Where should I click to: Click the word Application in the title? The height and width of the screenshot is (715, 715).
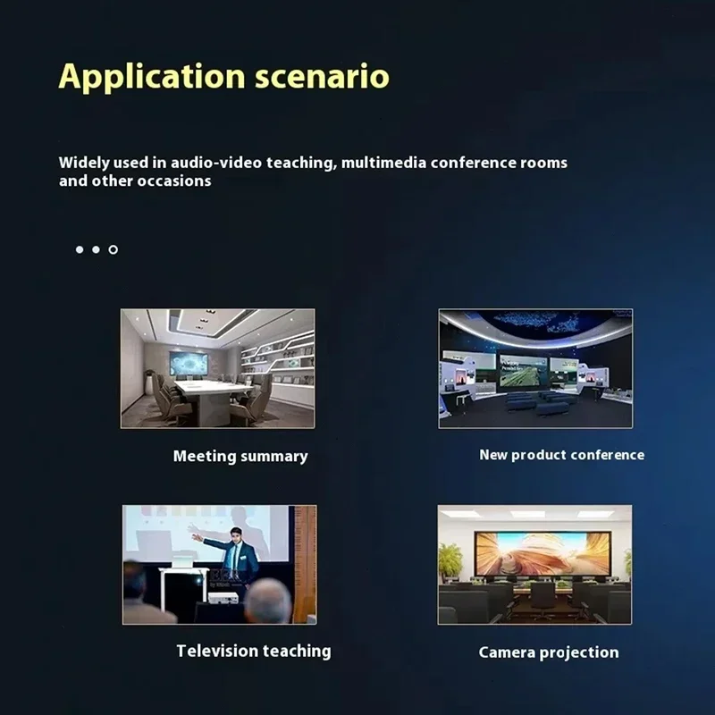coord(152,77)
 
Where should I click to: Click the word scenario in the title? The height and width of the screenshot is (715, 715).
coord(322,77)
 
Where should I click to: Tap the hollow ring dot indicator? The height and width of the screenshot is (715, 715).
coord(114,249)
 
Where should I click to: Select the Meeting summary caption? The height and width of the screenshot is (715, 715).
coord(240,457)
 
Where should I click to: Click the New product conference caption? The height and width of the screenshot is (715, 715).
coord(562,455)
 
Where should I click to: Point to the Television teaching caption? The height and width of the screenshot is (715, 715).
coord(254,652)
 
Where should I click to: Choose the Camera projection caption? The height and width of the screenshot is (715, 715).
coord(549,652)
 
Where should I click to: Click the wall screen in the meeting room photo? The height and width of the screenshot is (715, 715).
coord(189,364)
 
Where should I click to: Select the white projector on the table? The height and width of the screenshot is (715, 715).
coord(223,597)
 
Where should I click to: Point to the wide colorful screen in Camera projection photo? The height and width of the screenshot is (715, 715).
coord(543,554)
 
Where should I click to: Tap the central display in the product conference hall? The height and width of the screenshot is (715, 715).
coord(523,370)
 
